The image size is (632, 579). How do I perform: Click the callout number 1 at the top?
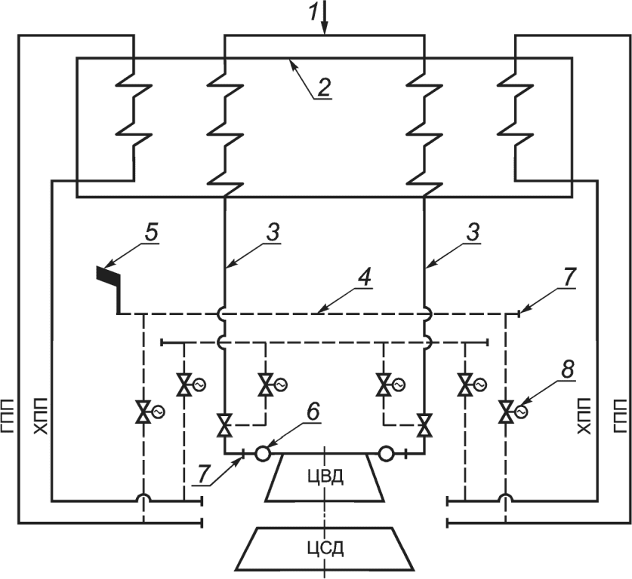click(315, 13)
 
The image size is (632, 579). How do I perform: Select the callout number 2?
click(324, 86)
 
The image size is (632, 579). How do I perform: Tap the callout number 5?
click(151, 233)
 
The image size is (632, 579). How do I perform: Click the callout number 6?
click(313, 412)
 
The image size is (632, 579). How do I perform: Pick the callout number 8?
click(568, 369)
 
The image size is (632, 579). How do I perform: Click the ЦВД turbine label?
click(325, 476)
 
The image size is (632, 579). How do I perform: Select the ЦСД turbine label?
click(325, 548)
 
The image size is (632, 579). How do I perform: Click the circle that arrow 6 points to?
click(263, 453)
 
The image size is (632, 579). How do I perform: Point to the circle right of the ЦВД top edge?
click(386, 453)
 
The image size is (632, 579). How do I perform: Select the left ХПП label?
click(40, 416)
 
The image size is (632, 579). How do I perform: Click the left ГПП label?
click(8, 416)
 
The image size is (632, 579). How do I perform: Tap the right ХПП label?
click(584, 416)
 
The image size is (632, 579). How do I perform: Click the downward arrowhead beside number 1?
click(325, 29)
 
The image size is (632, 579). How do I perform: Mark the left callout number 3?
click(273, 233)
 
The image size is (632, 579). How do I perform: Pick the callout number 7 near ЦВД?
click(203, 475)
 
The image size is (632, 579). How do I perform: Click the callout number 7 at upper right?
click(569, 277)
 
